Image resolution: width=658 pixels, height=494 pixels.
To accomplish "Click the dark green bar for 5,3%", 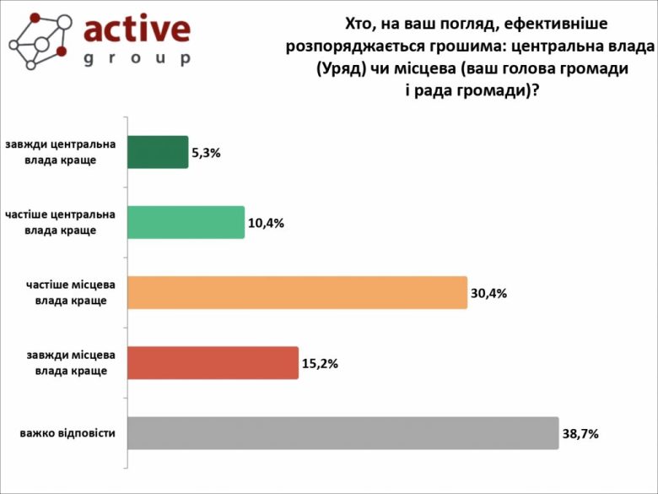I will click(x=158, y=152).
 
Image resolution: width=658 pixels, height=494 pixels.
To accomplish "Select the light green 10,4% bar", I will click(x=186, y=222).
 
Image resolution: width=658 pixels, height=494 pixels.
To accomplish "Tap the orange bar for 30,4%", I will click(x=297, y=292).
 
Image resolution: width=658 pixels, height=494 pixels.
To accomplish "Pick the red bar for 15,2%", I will click(x=213, y=362).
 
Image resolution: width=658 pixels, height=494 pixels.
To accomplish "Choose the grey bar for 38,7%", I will click(x=342, y=433).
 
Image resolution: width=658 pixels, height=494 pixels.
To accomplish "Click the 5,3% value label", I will click(x=207, y=153).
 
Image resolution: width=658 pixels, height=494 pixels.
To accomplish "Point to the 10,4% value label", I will click(x=266, y=224).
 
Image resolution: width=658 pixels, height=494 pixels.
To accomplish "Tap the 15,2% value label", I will click(x=320, y=364).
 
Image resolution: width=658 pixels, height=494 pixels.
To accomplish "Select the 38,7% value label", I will click(x=580, y=434).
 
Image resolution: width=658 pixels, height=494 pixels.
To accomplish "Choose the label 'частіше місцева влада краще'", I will click(x=71, y=292).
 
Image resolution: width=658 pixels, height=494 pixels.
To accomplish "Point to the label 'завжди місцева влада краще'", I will click(x=71, y=362).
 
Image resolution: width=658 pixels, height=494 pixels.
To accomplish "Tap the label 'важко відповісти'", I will click(x=68, y=434).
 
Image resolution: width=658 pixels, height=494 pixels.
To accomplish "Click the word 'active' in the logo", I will click(x=138, y=30).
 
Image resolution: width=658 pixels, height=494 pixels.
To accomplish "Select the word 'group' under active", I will click(x=138, y=59).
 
